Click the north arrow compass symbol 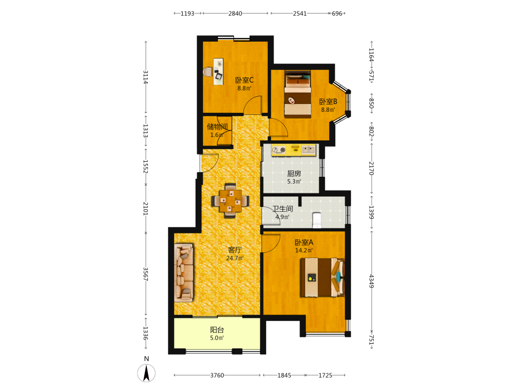click(x=146, y=373)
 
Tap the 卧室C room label click(x=244, y=80)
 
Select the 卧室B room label click(x=328, y=101)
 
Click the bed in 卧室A click(x=322, y=277)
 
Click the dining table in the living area click(x=230, y=201)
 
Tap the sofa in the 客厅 click(x=184, y=273)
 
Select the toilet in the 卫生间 click(x=317, y=220)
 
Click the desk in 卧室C click(x=218, y=72)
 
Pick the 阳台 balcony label click(x=217, y=330)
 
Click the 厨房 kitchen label click(x=294, y=173)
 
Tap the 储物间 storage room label click(x=217, y=126)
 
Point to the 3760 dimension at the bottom click(x=217, y=375)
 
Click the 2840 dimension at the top click(x=235, y=14)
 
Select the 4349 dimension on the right click(x=372, y=281)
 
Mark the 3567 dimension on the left click(x=146, y=274)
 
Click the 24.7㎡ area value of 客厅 click(x=235, y=258)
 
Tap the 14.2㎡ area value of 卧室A click(x=304, y=251)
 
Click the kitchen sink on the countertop click(x=308, y=150)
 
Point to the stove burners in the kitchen click(x=279, y=150)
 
